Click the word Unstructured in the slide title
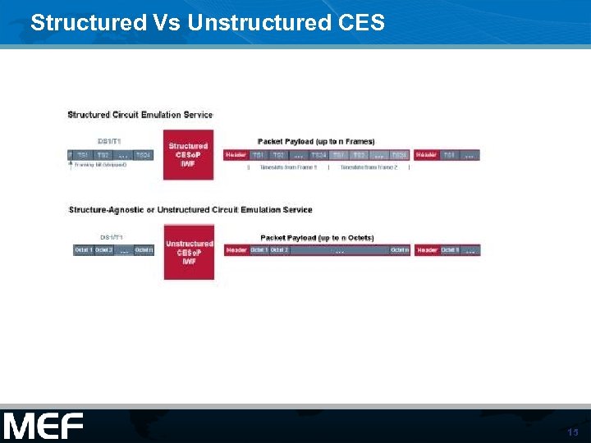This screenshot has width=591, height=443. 250,22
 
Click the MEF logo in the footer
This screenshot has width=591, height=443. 44,426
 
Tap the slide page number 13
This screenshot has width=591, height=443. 572,432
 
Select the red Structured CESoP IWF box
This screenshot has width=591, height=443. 188,154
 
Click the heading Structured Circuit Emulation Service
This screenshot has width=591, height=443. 140,115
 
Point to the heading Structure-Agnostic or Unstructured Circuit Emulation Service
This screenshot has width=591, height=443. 190,210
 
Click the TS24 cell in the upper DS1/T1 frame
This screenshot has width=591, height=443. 143,155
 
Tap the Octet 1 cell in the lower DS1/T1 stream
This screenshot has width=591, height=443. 83,250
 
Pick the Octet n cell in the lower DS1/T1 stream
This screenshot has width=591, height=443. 144,250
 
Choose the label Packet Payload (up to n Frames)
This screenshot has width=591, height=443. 316,142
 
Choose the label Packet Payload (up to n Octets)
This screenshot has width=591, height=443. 317,238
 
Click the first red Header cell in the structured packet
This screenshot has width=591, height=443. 236,155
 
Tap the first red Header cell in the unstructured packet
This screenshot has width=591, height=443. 236,250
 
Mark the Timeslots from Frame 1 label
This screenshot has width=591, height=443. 288,167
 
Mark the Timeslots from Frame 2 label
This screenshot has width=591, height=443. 369,167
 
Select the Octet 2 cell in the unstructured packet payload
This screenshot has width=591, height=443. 279,250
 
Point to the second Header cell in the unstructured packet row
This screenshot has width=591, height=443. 428,250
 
